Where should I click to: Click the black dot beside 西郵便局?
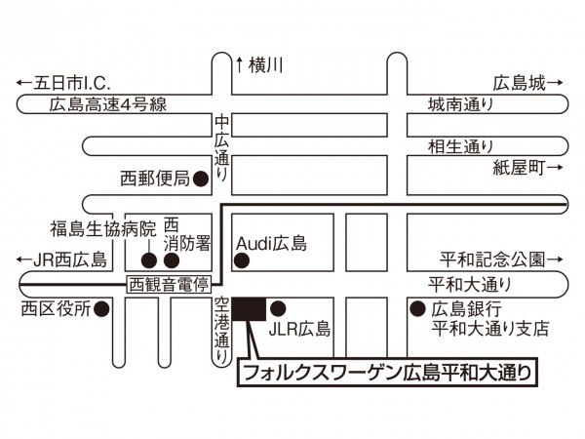[x=200, y=179]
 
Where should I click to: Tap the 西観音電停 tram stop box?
[x=170, y=284]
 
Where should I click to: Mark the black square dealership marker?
[x=249, y=308]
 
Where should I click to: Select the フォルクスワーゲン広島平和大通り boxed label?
[x=388, y=374]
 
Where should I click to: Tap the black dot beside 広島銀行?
[x=413, y=308]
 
